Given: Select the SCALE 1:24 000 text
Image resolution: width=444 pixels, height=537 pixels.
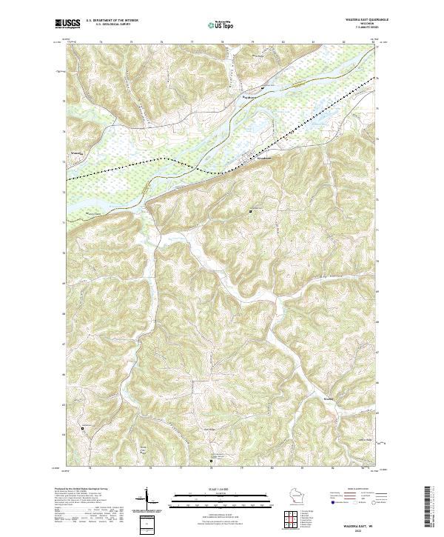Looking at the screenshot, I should [222, 490].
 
